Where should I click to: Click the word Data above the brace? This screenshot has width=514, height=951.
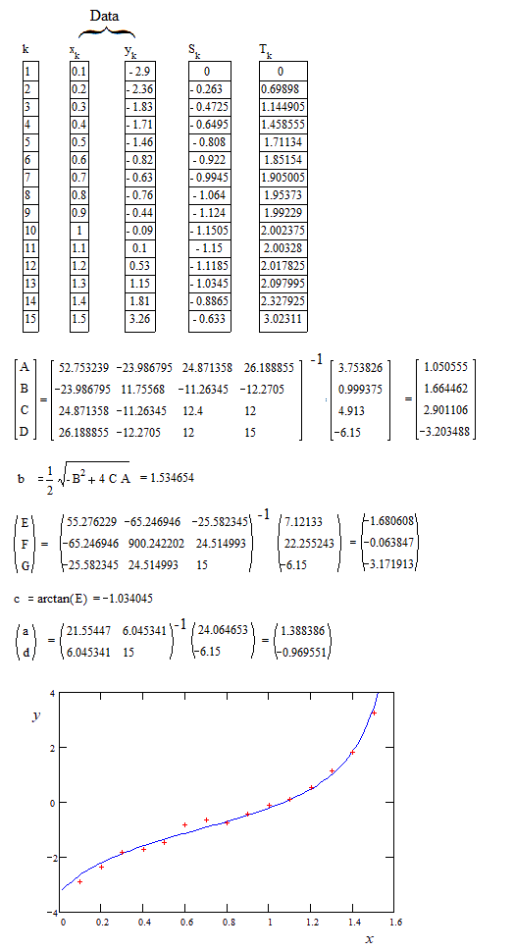(104, 17)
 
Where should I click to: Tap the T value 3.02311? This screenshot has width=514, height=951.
(283, 319)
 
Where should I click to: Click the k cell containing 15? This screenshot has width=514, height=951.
(28, 319)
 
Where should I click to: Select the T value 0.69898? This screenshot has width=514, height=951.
(283, 89)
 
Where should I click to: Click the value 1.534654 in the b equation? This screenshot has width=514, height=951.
(167, 478)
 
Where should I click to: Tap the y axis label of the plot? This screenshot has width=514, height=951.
(35, 716)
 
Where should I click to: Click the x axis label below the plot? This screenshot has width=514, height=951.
(369, 940)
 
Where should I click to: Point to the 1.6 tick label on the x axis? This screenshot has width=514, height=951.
(395, 922)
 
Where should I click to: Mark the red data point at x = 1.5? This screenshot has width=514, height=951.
(373, 713)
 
